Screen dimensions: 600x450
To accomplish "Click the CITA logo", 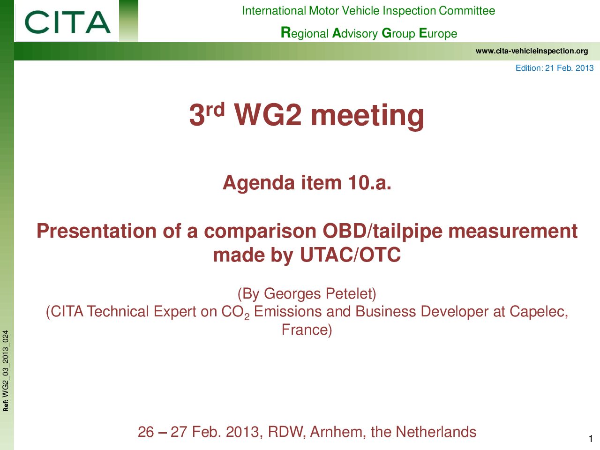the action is click(x=67, y=22).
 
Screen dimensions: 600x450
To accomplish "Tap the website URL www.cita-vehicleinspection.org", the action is click(x=532, y=51).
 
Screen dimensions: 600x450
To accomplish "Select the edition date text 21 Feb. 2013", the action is click(x=569, y=68).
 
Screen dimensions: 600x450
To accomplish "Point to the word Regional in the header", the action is click(x=305, y=33).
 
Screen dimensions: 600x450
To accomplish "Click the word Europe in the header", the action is click(x=438, y=33).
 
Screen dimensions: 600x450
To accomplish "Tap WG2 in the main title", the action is click(x=268, y=115).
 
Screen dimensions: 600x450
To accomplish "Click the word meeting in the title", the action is click(x=367, y=116).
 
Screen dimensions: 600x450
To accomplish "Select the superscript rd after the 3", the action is click(x=215, y=110).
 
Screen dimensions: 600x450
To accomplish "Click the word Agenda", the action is click(x=259, y=183).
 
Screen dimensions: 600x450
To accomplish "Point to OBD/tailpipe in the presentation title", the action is click(x=382, y=232).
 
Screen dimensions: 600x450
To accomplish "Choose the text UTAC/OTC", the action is click(x=350, y=255).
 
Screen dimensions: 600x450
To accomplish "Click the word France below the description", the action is click(x=307, y=330).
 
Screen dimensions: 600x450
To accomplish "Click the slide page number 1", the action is click(x=591, y=439).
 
